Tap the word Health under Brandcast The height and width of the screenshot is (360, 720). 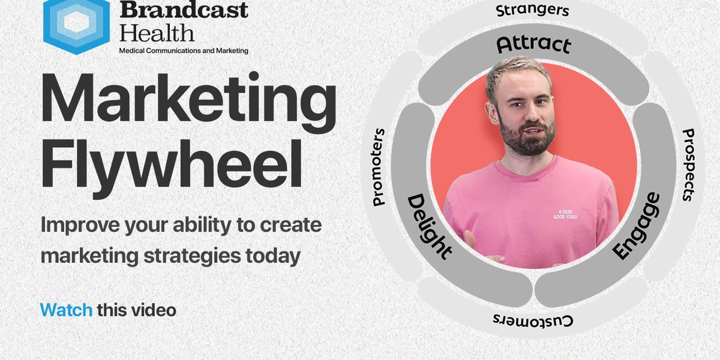(157, 32)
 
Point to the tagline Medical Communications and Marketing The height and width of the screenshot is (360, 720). (184, 51)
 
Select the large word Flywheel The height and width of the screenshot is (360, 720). (171, 165)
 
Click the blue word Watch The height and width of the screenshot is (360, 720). (66, 310)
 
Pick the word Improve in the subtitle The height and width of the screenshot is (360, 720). (75, 226)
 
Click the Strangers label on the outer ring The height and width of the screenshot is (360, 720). (533, 10)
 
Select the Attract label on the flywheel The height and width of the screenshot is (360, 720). (533, 45)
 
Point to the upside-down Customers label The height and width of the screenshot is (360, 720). (533, 320)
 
